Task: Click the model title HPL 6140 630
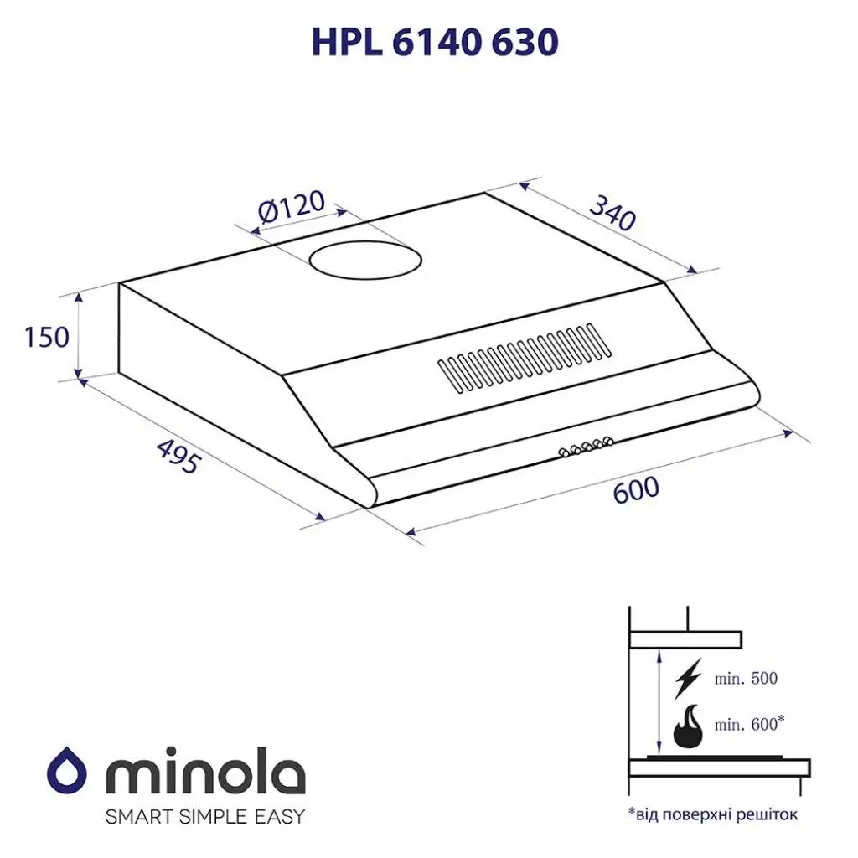point(434,43)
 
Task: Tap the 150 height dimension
point(46,337)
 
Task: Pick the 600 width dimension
point(636,490)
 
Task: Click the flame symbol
point(688,726)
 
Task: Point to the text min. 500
point(747,678)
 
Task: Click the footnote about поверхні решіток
point(712,814)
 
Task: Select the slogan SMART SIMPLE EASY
point(204,815)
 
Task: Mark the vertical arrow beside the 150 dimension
point(80,336)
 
